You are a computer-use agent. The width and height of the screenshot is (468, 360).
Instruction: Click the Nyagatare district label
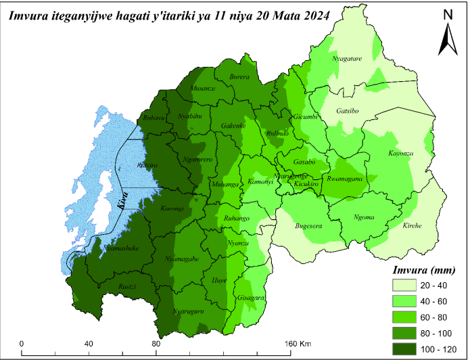click(x=347, y=59)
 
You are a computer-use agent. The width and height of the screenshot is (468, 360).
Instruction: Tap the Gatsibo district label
click(x=352, y=110)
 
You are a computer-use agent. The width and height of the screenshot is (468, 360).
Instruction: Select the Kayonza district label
click(x=401, y=154)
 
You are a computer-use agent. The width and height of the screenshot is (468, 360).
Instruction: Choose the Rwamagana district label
click(x=345, y=179)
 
